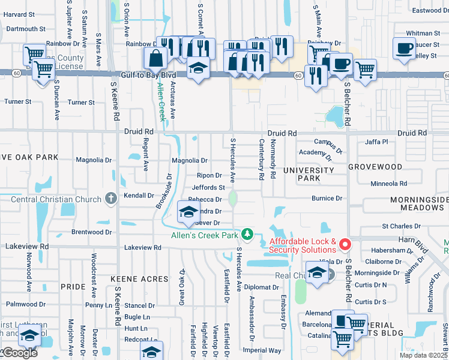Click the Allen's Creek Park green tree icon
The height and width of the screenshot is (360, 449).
(x=247, y=233)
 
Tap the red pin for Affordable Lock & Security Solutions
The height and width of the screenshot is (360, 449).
(x=345, y=244)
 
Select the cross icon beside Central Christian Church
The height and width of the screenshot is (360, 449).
(x=110, y=197)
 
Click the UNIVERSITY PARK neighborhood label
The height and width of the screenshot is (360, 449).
(x=308, y=175)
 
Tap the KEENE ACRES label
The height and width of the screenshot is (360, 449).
(x=133, y=280)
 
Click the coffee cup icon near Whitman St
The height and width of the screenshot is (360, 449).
(x=404, y=47)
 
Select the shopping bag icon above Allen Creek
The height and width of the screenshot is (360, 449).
(x=155, y=58)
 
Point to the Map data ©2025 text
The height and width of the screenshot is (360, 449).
(x=424, y=355)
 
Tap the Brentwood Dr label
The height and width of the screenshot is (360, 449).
(x=88, y=232)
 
